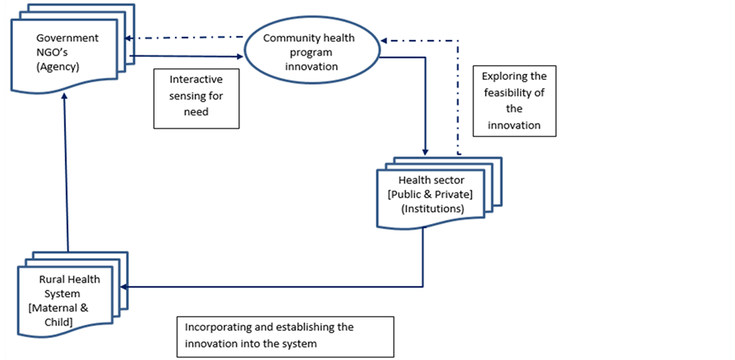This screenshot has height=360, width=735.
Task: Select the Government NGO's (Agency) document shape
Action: point(68,54)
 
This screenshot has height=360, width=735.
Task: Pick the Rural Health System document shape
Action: point(69,301)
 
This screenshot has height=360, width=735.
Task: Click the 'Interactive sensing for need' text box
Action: point(195,97)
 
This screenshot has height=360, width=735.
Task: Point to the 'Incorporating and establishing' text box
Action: point(285,336)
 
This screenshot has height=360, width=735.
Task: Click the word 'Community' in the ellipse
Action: point(291,38)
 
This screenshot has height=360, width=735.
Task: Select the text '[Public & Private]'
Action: point(435,194)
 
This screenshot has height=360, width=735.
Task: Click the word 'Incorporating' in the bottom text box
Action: point(219,327)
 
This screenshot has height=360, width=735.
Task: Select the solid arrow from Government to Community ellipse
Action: point(187,55)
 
